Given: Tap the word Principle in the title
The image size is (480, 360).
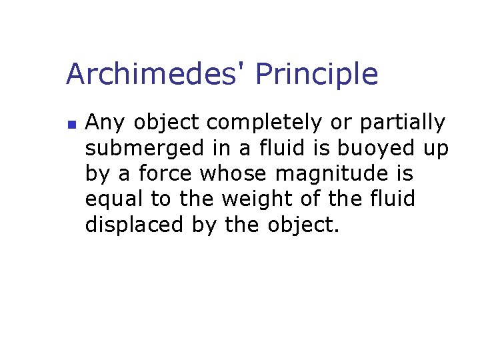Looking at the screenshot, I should coord(317,75).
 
